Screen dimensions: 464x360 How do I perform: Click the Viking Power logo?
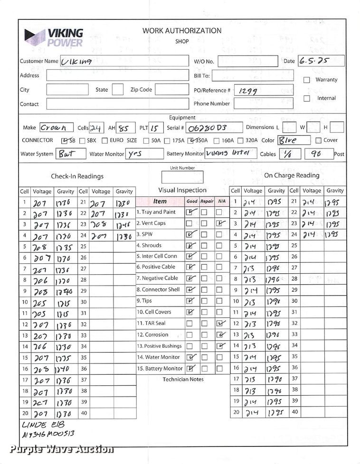(x=54, y=37)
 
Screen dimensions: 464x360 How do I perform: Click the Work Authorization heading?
(x=182, y=31)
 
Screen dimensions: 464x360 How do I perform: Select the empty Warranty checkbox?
(x=307, y=80)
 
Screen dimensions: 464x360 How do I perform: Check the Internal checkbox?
(x=307, y=99)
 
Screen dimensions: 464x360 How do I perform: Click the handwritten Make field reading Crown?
(x=56, y=128)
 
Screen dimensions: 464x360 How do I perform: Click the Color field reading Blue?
(x=293, y=140)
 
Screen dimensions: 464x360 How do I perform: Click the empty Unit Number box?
(x=182, y=177)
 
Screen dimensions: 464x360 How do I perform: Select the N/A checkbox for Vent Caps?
(x=219, y=223)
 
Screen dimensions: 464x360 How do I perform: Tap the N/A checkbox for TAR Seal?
(x=219, y=324)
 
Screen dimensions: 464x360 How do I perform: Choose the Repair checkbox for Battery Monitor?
(x=204, y=369)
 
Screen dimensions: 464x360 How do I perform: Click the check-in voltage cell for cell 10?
(x=42, y=302)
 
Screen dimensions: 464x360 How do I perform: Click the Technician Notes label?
(x=183, y=380)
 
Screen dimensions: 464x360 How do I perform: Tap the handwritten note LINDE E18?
(x=43, y=424)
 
